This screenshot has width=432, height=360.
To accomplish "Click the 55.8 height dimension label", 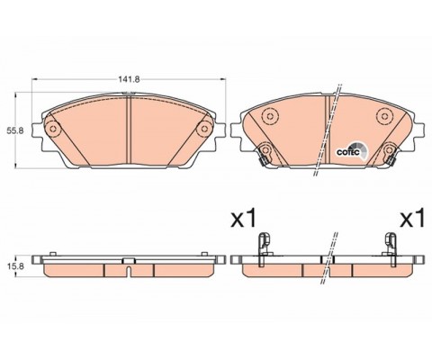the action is click(x=14, y=130).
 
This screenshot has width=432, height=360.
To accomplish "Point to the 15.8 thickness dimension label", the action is click(x=14, y=265).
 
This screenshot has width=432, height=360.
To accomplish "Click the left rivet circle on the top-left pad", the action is click(x=53, y=130).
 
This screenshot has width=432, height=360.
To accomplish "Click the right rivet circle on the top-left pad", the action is click(x=204, y=130).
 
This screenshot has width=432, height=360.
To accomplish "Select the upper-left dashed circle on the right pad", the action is click(x=269, y=116).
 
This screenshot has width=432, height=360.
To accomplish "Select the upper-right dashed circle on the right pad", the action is click(x=384, y=116).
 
